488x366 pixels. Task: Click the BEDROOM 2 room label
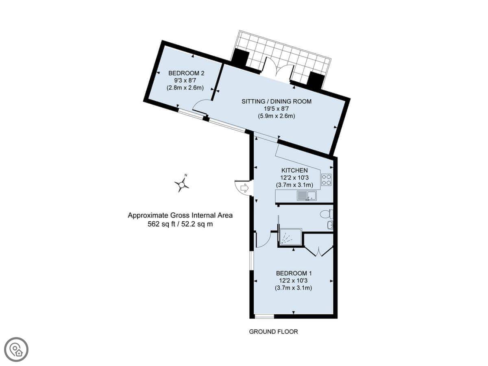pyautogui.click(x=186, y=73)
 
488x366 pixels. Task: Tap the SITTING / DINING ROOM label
pyautogui.click(x=277, y=101)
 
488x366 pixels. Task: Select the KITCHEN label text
pyautogui.click(x=294, y=170)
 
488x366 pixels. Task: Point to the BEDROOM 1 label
pyautogui.click(x=294, y=273)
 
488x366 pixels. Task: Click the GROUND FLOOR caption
pyautogui.click(x=273, y=332)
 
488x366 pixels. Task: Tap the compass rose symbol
pyautogui.click(x=182, y=184)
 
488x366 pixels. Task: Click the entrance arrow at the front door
pyautogui.click(x=244, y=188)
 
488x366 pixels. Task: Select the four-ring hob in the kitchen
pyautogui.click(x=327, y=180)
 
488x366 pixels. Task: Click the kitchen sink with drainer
pyautogui.click(x=307, y=196)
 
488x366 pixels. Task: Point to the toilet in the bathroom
pyautogui.click(x=327, y=215)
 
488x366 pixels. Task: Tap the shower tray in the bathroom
pyautogui.click(x=291, y=237)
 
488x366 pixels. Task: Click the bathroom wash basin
pyautogui.click(x=330, y=225)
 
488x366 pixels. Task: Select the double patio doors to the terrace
pyautogui.click(x=278, y=69)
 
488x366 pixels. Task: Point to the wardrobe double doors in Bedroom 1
pyautogui.click(x=319, y=251)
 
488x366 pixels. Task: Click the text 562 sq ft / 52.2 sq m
pyautogui.click(x=180, y=224)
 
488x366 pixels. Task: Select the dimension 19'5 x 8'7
pyautogui.click(x=276, y=109)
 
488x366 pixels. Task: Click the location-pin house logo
pyautogui.click(x=16, y=350)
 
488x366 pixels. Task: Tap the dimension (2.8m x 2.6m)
pyautogui.click(x=185, y=88)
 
